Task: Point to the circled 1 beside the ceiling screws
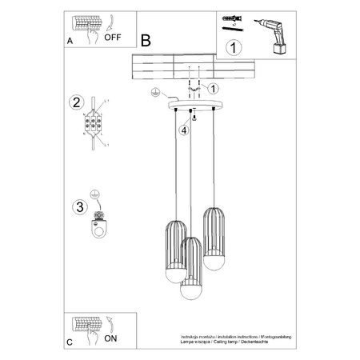[x=214, y=88]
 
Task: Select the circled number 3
[x=78, y=208]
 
